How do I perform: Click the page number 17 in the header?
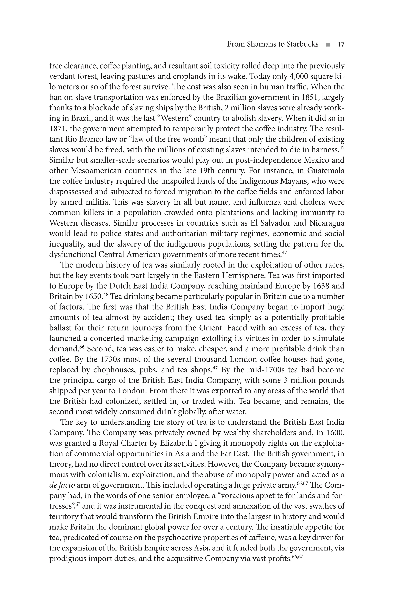pos(341,44)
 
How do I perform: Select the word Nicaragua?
pos(327,223)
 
